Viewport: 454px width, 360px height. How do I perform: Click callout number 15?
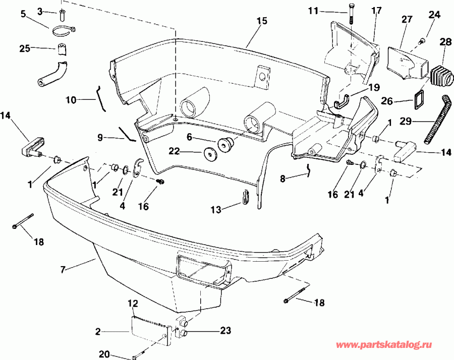point(261,21)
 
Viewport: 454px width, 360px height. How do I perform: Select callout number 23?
point(225,330)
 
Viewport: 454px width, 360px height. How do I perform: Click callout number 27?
point(407,19)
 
